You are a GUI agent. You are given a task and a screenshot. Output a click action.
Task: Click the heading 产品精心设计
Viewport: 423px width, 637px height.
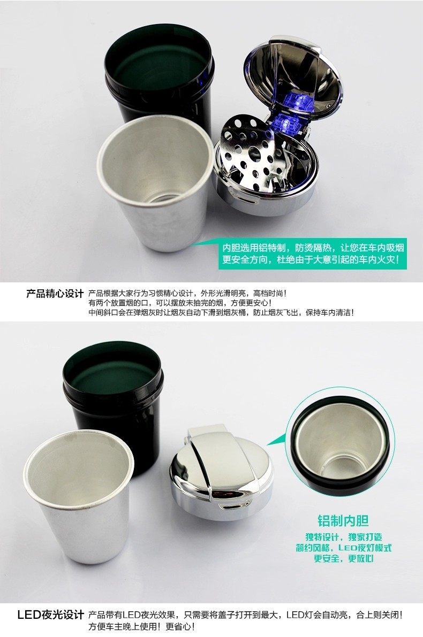55,293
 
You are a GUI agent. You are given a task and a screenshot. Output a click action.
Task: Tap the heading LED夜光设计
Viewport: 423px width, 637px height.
51,615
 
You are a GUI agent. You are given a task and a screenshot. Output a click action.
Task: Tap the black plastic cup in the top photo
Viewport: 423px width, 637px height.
158,77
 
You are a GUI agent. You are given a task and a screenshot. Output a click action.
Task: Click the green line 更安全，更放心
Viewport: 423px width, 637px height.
343,558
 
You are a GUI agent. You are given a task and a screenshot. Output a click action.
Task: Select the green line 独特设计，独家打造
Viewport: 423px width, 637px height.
343,537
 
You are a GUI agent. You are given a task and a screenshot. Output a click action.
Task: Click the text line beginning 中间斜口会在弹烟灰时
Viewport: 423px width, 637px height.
221,313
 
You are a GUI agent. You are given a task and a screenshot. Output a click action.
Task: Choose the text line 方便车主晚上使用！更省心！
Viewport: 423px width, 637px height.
142,627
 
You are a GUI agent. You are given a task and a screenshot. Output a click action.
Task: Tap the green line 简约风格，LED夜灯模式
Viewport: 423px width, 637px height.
343,548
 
